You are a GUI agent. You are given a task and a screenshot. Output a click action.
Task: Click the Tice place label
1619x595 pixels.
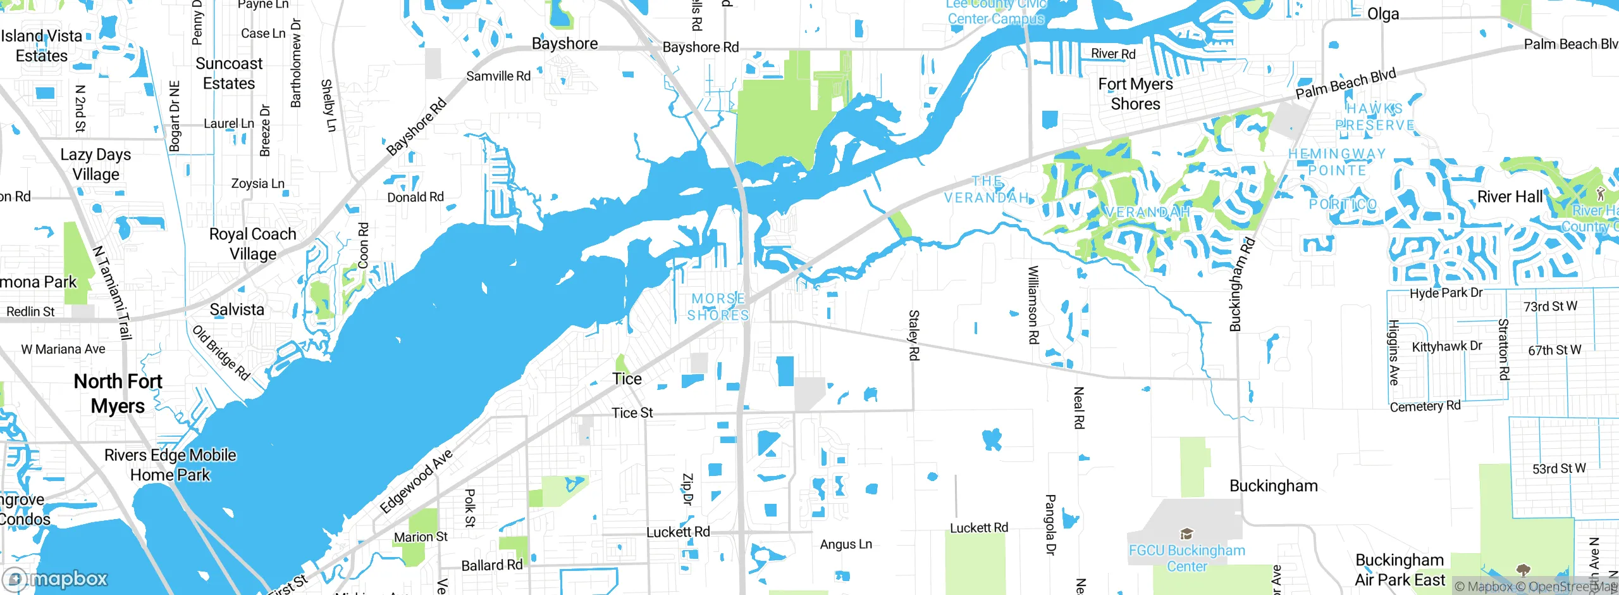[627, 379]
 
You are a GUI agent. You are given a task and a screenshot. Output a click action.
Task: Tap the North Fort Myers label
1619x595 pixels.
[118, 393]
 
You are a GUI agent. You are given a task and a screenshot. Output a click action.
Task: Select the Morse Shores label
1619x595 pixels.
[718, 307]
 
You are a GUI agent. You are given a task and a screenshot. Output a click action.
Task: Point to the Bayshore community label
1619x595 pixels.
[565, 44]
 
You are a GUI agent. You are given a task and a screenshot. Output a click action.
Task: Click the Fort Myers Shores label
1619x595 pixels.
[1135, 94]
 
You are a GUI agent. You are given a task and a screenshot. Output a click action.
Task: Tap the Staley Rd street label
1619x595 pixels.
[913, 335]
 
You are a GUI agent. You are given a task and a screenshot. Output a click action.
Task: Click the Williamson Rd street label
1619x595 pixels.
[1033, 304]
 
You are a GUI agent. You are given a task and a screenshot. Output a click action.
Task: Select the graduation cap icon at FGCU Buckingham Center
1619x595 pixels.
[1186, 534]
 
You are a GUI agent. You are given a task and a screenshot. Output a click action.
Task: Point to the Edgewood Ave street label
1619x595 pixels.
[416, 481]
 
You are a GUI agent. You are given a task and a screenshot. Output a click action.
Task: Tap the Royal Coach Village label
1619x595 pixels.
[253, 244]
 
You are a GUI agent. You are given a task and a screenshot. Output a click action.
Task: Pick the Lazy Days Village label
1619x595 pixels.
[95, 164]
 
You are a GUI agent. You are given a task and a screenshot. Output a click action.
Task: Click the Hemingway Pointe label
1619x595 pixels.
[1337, 162]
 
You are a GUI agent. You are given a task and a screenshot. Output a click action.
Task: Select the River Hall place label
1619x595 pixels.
[1510, 197]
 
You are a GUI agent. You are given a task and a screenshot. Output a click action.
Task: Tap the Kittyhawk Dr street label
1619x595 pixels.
[1447, 346]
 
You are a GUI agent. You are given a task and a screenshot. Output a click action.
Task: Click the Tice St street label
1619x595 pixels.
[632, 413]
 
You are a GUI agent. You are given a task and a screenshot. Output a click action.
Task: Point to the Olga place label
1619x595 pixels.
[1383, 14]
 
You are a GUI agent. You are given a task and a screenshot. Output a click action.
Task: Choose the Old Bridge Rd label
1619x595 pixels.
[221, 353]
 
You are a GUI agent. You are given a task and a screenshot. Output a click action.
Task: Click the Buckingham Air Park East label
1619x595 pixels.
[1400, 570]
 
